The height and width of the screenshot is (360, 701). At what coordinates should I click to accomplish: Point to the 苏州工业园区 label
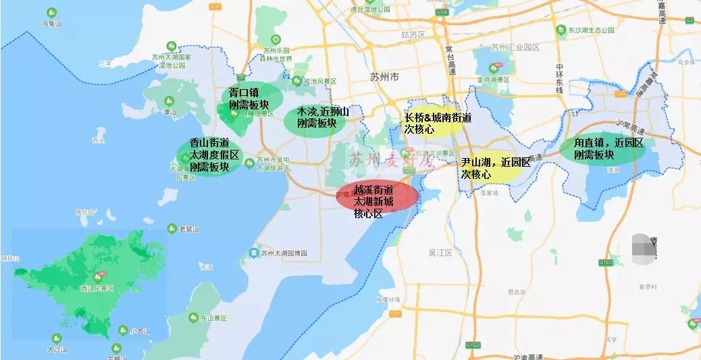click(x=515, y=47)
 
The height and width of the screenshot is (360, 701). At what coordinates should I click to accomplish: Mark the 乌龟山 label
click(x=52, y=24)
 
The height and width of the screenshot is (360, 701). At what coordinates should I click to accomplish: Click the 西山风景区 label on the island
click(x=97, y=288)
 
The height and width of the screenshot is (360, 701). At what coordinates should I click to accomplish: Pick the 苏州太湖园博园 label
click(x=284, y=253)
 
